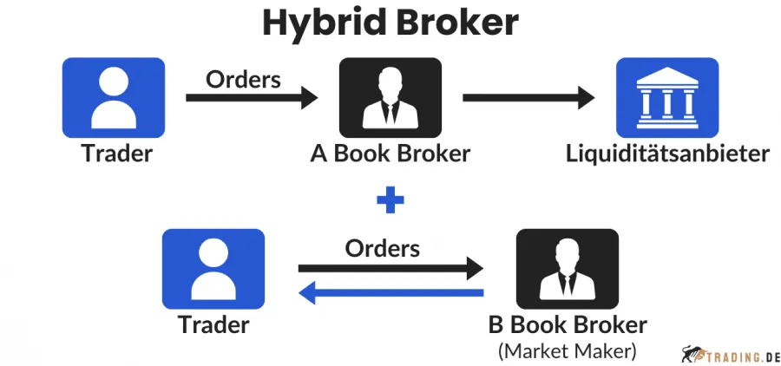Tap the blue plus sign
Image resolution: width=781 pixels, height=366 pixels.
click(390, 201)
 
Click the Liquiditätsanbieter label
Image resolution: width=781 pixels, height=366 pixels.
click(667, 154)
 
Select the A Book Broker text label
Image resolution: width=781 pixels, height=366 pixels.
click(390, 154)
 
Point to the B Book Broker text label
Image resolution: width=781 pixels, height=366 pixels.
click(568, 325)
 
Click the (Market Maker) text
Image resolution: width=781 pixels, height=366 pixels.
click(568, 351)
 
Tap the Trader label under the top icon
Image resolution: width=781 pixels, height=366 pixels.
click(116, 154)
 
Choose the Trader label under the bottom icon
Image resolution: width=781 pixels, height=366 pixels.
click(213, 325)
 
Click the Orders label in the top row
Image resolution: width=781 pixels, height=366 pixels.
click(243, 79)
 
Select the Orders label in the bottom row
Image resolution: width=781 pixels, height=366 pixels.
click(382, 249)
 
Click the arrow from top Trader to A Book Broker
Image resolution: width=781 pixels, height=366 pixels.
click(252, 98)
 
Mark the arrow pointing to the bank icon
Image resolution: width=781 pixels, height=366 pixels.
click(529, 98)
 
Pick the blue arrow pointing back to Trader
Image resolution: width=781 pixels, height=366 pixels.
click(390, 293)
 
